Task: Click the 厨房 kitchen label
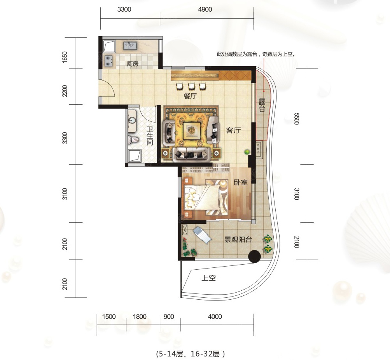point(133,64)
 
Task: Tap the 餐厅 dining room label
point(190,96)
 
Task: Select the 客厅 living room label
point(233,130)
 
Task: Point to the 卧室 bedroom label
point(241,183)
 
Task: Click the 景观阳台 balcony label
point(238,239)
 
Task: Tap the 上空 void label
point(208,277)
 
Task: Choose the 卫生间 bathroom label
point(150,136)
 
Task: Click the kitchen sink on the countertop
point(130,46)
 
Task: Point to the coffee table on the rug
point(191,130)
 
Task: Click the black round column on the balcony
point(254,256)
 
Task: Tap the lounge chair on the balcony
point(202,235)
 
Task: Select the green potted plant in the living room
point(247,152)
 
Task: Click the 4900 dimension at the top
point(205,9)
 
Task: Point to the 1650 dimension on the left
point(65,57)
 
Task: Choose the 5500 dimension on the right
point(296,118)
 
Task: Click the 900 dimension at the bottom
point(169,317)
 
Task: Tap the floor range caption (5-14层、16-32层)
point(191,354)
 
